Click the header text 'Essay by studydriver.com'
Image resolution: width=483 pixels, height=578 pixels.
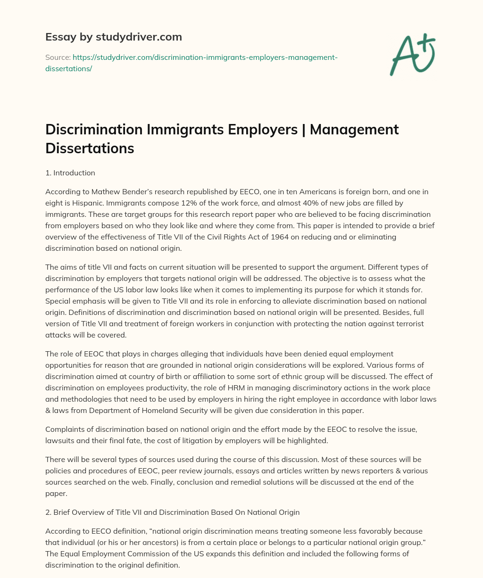click(113, 37)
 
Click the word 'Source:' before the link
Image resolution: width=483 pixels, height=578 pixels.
click(58, 58)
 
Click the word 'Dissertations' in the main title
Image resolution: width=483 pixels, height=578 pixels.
click(90, 149)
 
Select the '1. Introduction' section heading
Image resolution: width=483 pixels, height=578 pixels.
click(70, 173)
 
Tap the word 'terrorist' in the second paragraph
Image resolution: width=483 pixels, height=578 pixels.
click(408, 324)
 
